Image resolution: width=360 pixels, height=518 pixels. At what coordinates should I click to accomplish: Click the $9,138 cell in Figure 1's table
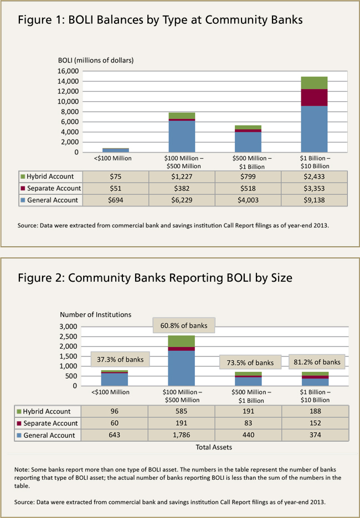(315, 200)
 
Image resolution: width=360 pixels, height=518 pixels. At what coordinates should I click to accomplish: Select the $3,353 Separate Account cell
(315, 189)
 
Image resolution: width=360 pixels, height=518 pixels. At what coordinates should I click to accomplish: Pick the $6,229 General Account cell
(182, 200)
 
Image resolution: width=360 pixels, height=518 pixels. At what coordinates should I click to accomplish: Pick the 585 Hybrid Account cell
(182, 412)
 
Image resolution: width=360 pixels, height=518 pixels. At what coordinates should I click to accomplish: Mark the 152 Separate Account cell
(315, 423)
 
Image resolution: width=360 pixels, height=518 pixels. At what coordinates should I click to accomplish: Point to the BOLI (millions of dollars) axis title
(96, 60)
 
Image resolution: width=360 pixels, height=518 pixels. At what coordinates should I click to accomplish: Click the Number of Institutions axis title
(95, 314)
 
